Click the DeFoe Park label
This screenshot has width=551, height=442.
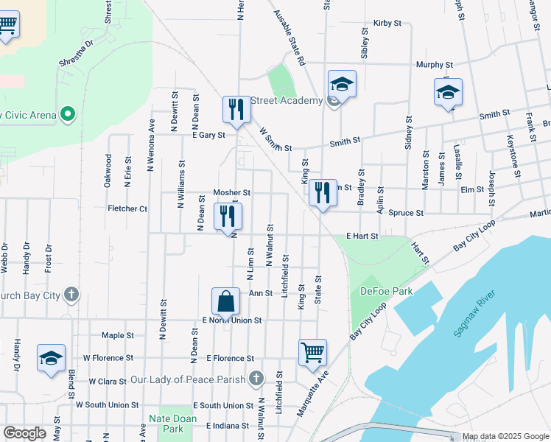(x=386, y=291)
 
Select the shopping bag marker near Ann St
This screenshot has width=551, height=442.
(x=225, y=301)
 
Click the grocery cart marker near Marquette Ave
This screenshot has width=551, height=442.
(x=312, y=351)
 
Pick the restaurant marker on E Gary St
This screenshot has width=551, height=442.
(x=236, y=110)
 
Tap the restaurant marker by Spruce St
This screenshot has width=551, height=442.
(x=323, y=194)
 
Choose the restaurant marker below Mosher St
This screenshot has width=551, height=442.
(x=228, y=216)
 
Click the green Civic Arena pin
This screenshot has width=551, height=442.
(x=67, y=114)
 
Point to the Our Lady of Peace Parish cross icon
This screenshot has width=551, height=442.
(x=256, y=379)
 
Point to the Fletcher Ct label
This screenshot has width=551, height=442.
(x=127, y=208)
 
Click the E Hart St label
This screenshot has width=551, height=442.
(x=362, y=236)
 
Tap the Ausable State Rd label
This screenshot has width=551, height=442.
(x=289, y=38)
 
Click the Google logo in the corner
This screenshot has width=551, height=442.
(x=24, y=433)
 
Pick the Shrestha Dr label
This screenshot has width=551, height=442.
(x=78, y=53)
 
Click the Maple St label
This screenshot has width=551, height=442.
(x=118, y=335)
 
